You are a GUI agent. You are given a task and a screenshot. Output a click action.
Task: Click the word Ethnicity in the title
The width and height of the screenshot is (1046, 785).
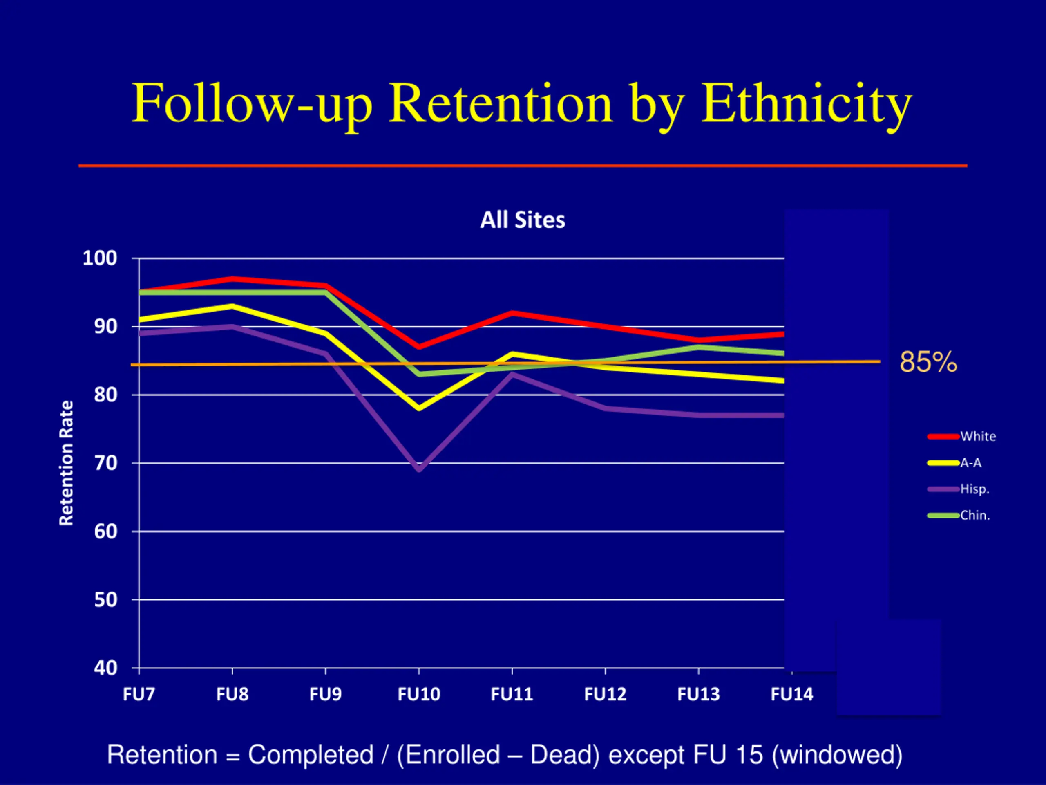coord(806,104)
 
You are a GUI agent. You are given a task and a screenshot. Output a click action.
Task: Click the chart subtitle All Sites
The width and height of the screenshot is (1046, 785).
coord(523,220)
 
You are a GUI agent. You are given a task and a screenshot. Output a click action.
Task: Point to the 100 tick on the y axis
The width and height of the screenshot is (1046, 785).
coord(100,258)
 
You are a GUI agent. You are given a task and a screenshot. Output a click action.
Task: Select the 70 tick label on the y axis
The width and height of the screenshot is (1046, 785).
coord(105,463)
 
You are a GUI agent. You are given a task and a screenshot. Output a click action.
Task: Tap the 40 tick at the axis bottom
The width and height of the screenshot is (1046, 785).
coord(105,668)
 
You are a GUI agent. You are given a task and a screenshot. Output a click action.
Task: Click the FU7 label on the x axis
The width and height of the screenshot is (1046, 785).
coord(139,695)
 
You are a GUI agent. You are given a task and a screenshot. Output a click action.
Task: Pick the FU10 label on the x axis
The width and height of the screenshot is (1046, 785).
coord(419,695)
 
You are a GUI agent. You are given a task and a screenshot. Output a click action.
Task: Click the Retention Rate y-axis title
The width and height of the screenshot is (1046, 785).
coord(66,463)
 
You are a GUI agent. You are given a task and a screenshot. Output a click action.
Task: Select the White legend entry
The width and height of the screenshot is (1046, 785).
coord(977,436)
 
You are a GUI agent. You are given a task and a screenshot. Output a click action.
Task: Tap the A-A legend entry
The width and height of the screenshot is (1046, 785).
coord(970,463)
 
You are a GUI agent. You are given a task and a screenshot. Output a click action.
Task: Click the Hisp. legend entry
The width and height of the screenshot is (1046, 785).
coord(974,489)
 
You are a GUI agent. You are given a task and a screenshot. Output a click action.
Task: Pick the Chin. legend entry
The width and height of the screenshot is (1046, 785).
coord(974,516)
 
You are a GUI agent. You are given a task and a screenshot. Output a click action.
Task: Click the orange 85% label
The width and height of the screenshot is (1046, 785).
coord(928,363)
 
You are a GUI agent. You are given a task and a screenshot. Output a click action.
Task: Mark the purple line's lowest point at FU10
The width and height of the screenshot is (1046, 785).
coord(419,469)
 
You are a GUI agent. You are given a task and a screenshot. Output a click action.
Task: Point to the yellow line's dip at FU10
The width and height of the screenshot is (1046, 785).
coord(419,408)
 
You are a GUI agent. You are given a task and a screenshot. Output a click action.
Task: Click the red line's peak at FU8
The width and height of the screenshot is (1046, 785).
coord(232,279)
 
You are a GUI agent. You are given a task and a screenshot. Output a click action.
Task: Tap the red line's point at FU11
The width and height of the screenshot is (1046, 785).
coord(512,313)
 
